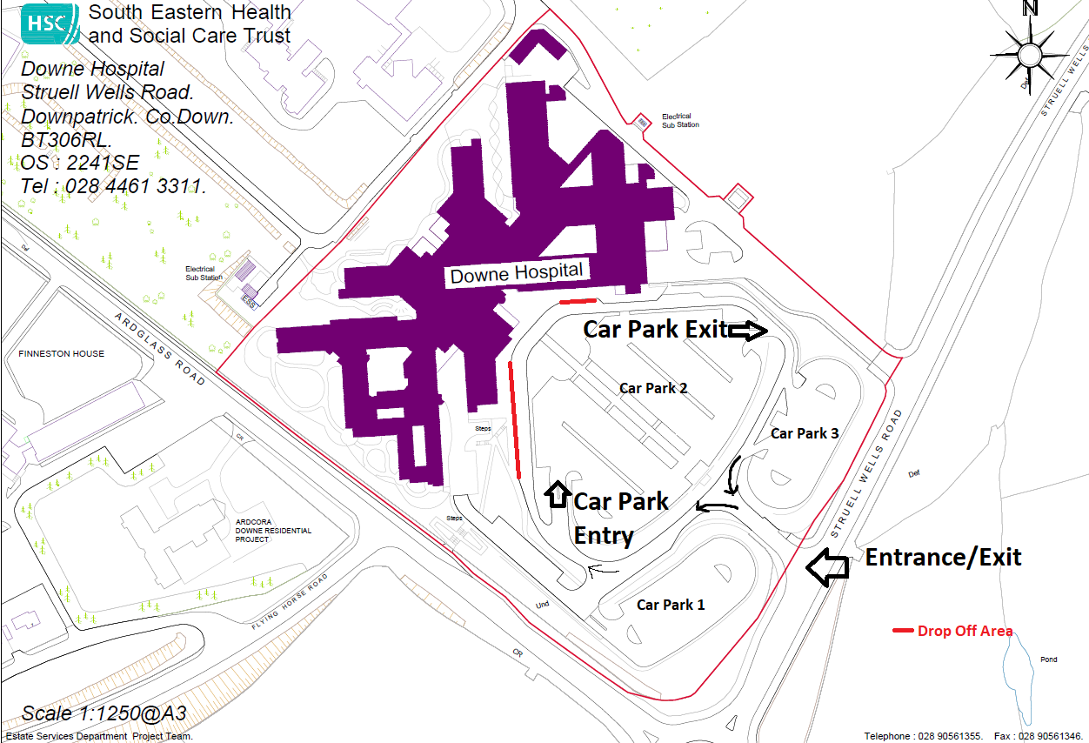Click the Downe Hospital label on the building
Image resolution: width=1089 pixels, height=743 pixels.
(516, 273)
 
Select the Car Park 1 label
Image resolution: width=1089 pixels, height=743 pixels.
(671, 605)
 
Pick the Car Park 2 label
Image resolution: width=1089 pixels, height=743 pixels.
(653, 388)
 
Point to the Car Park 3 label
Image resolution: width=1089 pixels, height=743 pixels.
(805, 432)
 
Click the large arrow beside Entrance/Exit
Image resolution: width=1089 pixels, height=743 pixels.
(826, 566)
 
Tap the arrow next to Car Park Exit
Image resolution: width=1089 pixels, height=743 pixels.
(749, 331)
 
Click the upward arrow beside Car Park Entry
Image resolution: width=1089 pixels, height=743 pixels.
(556, 492)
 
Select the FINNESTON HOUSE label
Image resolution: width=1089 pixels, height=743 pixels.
(61, 354)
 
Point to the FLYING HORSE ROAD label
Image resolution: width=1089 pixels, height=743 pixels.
(290, 602)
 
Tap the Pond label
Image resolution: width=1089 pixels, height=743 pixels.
(1049, 659)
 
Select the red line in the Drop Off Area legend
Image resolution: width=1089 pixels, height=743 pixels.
(904, 631)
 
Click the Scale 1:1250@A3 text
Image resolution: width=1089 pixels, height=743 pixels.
(104, 714)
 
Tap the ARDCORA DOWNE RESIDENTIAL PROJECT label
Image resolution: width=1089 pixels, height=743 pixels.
(273, 531)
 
